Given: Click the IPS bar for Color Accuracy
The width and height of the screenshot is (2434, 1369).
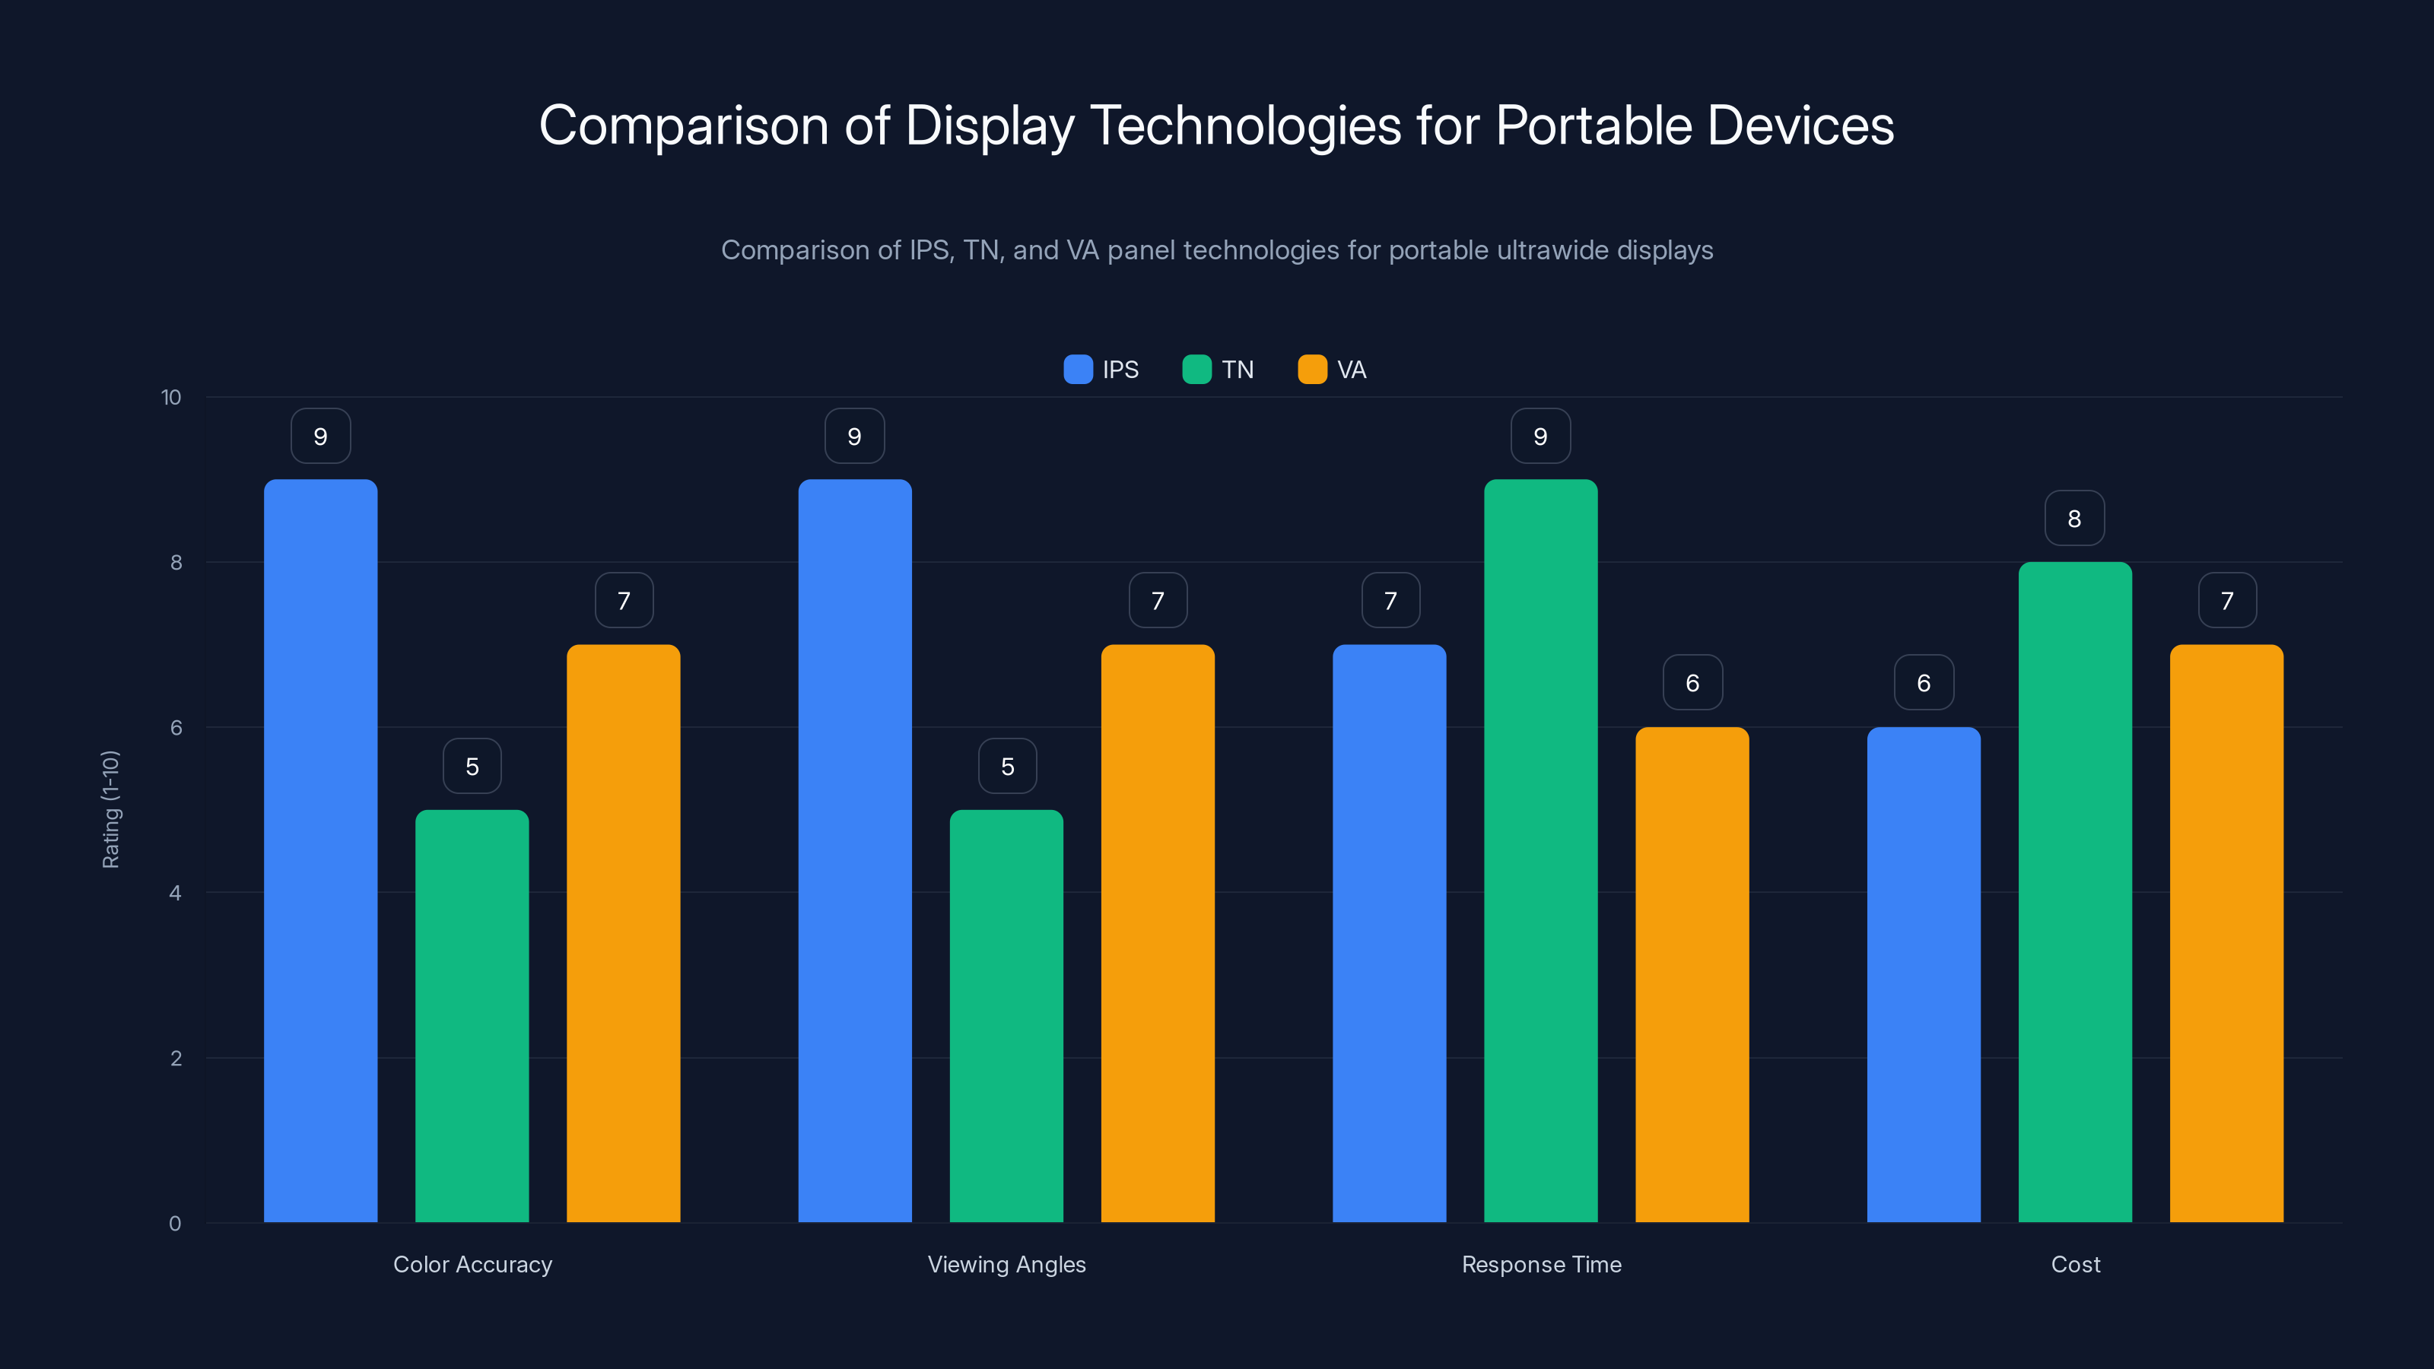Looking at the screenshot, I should pyautogui.click(x=320, y=850).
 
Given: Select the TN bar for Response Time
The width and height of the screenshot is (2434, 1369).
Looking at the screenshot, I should pyautogui.click(x=1540, y=850).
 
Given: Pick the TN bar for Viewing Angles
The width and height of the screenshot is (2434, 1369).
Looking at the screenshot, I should pyautogui.click(x=1006, y=1015).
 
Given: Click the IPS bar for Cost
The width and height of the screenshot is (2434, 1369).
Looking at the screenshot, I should pyautogui.click(x=1923, y=974).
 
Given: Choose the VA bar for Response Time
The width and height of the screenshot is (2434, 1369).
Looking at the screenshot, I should pyautogui.click(x=1692, y=974).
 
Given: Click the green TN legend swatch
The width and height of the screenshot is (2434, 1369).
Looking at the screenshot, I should pyautogui.click(x=1196, y=370).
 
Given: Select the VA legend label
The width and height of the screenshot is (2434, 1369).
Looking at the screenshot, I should pyautogui.click(x=1351, y=370).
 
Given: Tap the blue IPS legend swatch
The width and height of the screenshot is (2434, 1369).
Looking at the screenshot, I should pyautogui.click(x=1077, y=370).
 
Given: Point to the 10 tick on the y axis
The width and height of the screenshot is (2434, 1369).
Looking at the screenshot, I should pyautogui.click(x=171, y=397).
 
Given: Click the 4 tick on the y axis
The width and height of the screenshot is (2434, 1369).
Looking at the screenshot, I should pyautogui.click(x=175, y=893).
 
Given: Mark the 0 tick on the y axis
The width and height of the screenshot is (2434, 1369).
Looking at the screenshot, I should pyautogui.click(x=175, y=1224).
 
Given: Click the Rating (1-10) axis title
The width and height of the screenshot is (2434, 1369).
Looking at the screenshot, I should pyautogui.click(x=110, y=810).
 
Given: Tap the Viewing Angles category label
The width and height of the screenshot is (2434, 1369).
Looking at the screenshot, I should pyautogui.click(x=1006, y=1264).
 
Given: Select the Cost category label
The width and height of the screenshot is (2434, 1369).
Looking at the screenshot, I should pyautogui.click(x=2075, y=1264).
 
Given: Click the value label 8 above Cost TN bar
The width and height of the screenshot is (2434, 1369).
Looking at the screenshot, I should pyautogui.click(x=2074, y=518).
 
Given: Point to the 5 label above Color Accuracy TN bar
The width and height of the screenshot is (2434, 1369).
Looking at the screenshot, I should pyautogui.click(x=472, y=766).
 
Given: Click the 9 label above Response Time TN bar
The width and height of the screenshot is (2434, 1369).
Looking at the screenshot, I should pyautogui.click(x=1540, y=436).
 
